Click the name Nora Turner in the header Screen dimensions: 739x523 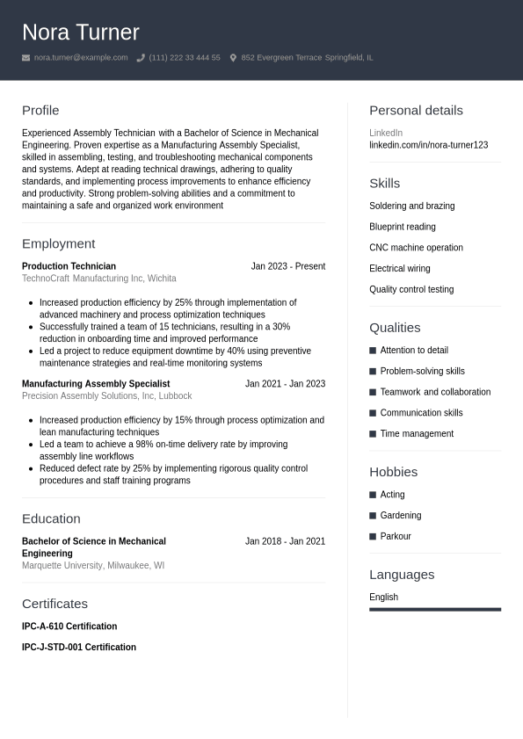click(81, 33)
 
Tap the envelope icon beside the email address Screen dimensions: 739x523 click(26, 58)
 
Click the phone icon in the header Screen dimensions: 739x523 click(141, 58)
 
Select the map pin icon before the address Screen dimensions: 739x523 click(233, 58)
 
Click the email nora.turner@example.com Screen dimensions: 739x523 click(81, 58)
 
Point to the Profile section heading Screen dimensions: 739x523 click(40, 111)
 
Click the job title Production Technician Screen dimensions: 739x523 click(69, 266)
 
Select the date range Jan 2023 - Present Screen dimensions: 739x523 click(287, 266)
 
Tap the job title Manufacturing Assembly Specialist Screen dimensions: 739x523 click(96, 384)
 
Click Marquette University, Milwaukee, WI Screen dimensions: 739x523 click(93, 566)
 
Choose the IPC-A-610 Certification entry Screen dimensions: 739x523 click(69, 627)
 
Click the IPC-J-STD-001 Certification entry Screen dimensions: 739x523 click(79, 648)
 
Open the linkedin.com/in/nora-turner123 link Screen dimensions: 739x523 click(428, 145)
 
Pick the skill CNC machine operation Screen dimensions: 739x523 click(416, 248)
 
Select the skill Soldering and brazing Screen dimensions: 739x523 click(411, 206)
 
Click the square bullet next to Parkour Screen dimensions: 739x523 click(373, 537)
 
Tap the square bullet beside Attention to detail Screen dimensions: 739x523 click(373, 351)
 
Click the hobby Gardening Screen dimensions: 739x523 click(400, 516)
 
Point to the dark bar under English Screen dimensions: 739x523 click(435, 609)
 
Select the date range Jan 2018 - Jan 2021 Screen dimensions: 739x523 click(285, 541)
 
